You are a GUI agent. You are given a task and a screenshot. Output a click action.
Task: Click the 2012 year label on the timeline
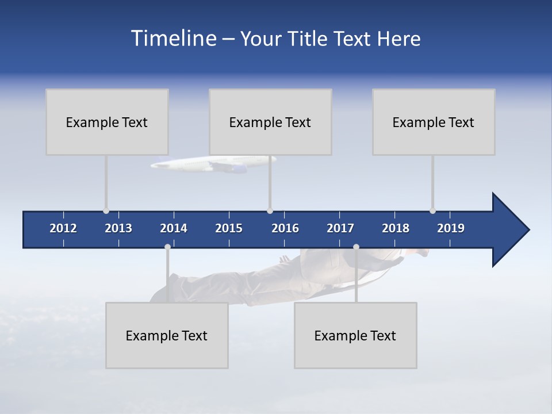point(63,228)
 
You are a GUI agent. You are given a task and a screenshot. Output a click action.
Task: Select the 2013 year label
point(118,228)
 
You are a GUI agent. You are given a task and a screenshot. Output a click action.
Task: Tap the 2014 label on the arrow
point(174,228)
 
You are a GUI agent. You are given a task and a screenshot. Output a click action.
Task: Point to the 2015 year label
point(229,228)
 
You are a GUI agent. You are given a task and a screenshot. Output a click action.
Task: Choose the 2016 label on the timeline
point(285,228)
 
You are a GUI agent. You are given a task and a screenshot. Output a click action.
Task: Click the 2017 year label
point(340,228)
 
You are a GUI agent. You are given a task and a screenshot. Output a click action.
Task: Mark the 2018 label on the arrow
point(396,228)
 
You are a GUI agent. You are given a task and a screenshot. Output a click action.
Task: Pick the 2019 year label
point(451,228)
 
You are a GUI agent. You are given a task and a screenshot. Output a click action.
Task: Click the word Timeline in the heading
point(174,39)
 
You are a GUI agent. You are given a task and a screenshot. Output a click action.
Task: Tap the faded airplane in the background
point(213,164)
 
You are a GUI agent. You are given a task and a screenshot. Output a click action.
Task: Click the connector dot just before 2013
point(106,211)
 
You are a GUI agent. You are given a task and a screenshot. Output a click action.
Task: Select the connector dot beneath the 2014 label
point(167,247)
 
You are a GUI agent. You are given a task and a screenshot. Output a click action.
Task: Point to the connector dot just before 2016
point(270,211)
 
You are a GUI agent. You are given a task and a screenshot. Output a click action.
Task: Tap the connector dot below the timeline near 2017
point(356,247)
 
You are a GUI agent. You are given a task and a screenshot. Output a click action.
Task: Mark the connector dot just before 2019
point(432,211)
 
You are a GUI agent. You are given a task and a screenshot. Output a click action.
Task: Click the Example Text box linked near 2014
point(167,335)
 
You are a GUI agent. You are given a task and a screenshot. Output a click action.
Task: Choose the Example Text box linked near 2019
point(434,122)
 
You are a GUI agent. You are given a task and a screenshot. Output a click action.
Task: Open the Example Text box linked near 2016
point(270,122)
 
